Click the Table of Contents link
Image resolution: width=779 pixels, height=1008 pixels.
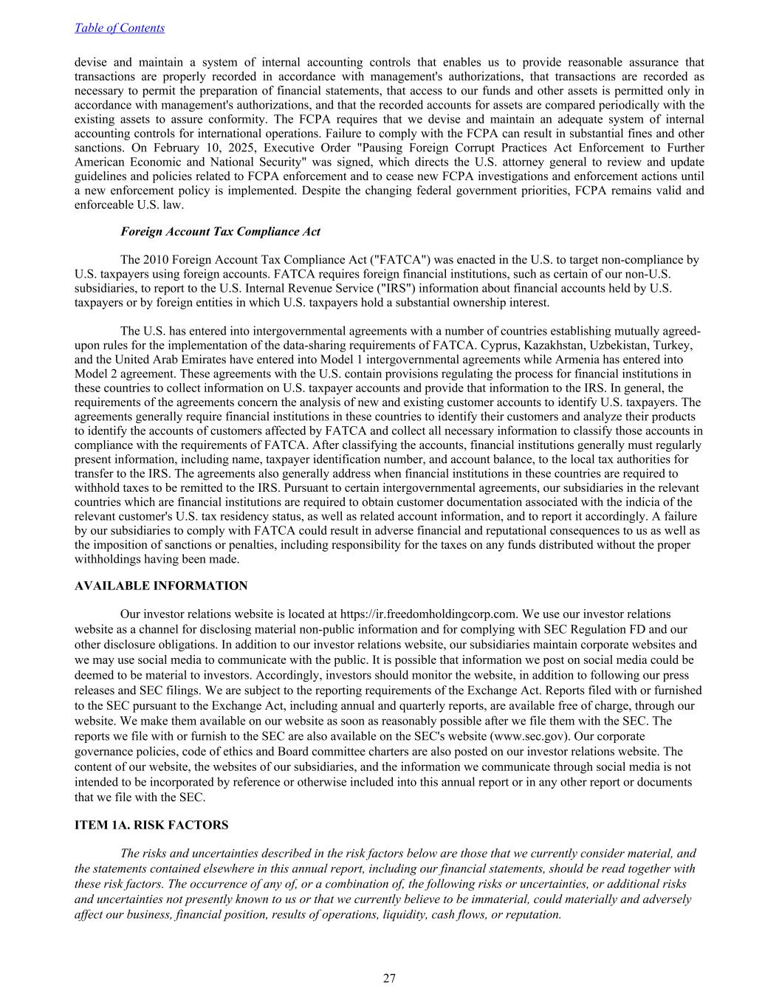coord(120,28)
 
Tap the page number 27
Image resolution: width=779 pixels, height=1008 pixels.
coord(389,978)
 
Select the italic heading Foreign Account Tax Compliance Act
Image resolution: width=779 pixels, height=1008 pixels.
coord(220,231)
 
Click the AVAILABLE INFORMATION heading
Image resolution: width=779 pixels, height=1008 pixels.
coord(161,586)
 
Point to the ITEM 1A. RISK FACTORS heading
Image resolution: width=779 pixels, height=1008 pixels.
coord(151,825)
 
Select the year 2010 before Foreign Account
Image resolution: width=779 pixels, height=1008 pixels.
coord(164,260)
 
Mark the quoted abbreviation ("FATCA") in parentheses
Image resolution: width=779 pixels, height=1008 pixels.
coord(399,260)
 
